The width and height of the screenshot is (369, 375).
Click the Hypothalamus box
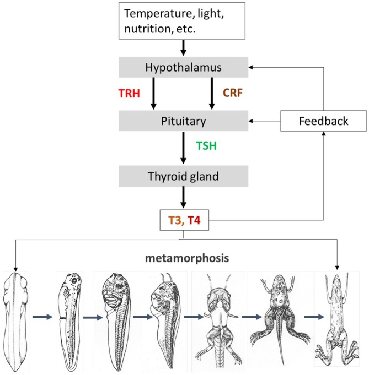[184, 67]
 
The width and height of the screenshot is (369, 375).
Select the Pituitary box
[184, 120]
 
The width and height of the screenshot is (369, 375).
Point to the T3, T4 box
[184, 221]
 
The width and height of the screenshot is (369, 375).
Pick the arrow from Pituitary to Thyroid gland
[184, 146]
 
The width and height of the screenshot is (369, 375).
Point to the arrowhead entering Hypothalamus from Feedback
[252, 67]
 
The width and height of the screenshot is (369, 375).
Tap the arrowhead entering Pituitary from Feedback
[252, 120]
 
